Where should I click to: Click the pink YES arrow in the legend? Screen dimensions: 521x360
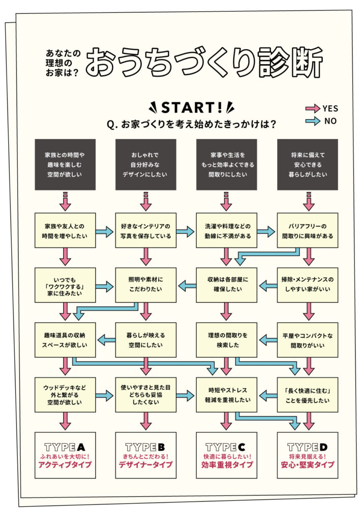[x=312, y=108]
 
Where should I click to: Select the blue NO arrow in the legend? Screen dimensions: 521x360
[x=312, y=121]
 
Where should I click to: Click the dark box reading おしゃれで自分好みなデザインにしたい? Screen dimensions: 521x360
[x=146, y=164]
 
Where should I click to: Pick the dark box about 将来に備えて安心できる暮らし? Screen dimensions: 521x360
[x=307, y=164]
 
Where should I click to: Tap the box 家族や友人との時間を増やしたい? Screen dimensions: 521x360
[x=65, y=230]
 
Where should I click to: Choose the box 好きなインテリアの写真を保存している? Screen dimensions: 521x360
[x=146, y=230]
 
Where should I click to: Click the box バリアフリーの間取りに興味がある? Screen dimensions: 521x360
[x=307, y=230]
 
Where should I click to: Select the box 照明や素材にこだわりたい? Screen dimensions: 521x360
[x=146, y=285]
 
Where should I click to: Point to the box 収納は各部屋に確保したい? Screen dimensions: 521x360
[x=226, y=285]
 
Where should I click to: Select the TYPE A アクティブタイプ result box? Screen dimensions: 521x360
[x=65, y=455]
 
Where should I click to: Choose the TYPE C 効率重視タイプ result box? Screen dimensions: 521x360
[x=226, y=455]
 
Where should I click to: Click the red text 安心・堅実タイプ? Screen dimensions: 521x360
[x=307, y=465]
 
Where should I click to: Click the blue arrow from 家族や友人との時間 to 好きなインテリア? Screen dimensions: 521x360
[x=105, y=231]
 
